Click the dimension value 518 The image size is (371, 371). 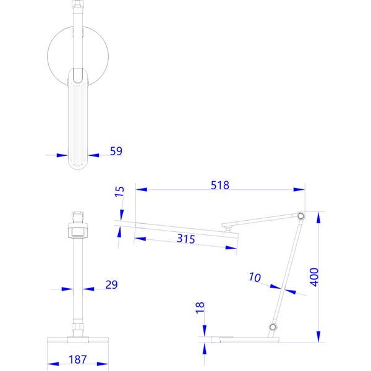pyautogui.click(x=220, y=185)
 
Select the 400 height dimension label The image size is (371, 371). pyautogui.click(x=314, y=277)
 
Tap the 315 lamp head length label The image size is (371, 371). pyautogui.click(x=186, y=239)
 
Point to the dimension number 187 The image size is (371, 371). pyautogui.click(x=78, y=359)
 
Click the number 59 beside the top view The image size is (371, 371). pyautogui.click(x=116, y=151)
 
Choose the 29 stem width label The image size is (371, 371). pyautogui.click(x=111, y=284)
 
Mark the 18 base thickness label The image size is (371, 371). pyautogui.click(x=200, y=308)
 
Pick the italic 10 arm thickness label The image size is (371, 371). pyautogui.click(x=255, y=277)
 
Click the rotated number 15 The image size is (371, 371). pyautogui.click(x=119, y=192)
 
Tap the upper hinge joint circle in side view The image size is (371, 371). pyautogui.click(x=301, y=216)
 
